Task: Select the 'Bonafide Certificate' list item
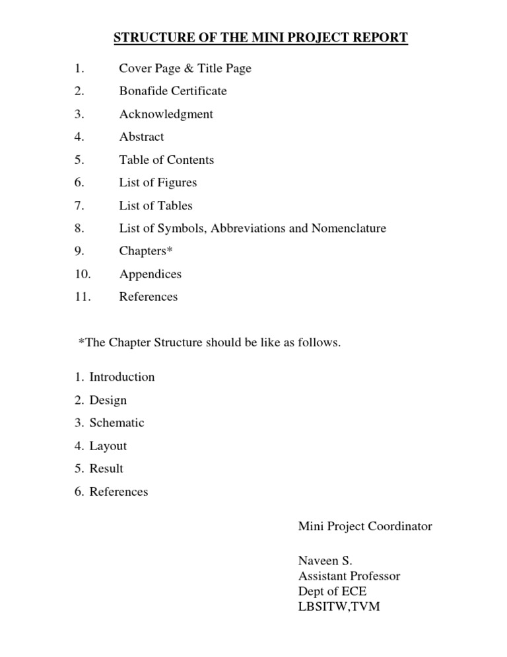[x=173, y=91]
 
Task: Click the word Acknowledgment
[x=166, y=114]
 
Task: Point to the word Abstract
[x=141, y=137]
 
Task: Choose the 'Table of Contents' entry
[x=166, y=160]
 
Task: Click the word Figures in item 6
[x=177, y=182]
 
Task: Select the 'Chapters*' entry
[x=145, y=251]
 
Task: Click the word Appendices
[x=150, y=274]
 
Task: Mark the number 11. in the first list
[x=83, y=297]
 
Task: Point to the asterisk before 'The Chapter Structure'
[x=81, y=342]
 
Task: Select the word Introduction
[x=122, y=377]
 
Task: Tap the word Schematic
[x=117, y=423]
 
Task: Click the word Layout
[x=108, y=446]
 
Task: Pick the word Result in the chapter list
[x=106, y=469]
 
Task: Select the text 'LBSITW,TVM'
[x=339, y=606]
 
